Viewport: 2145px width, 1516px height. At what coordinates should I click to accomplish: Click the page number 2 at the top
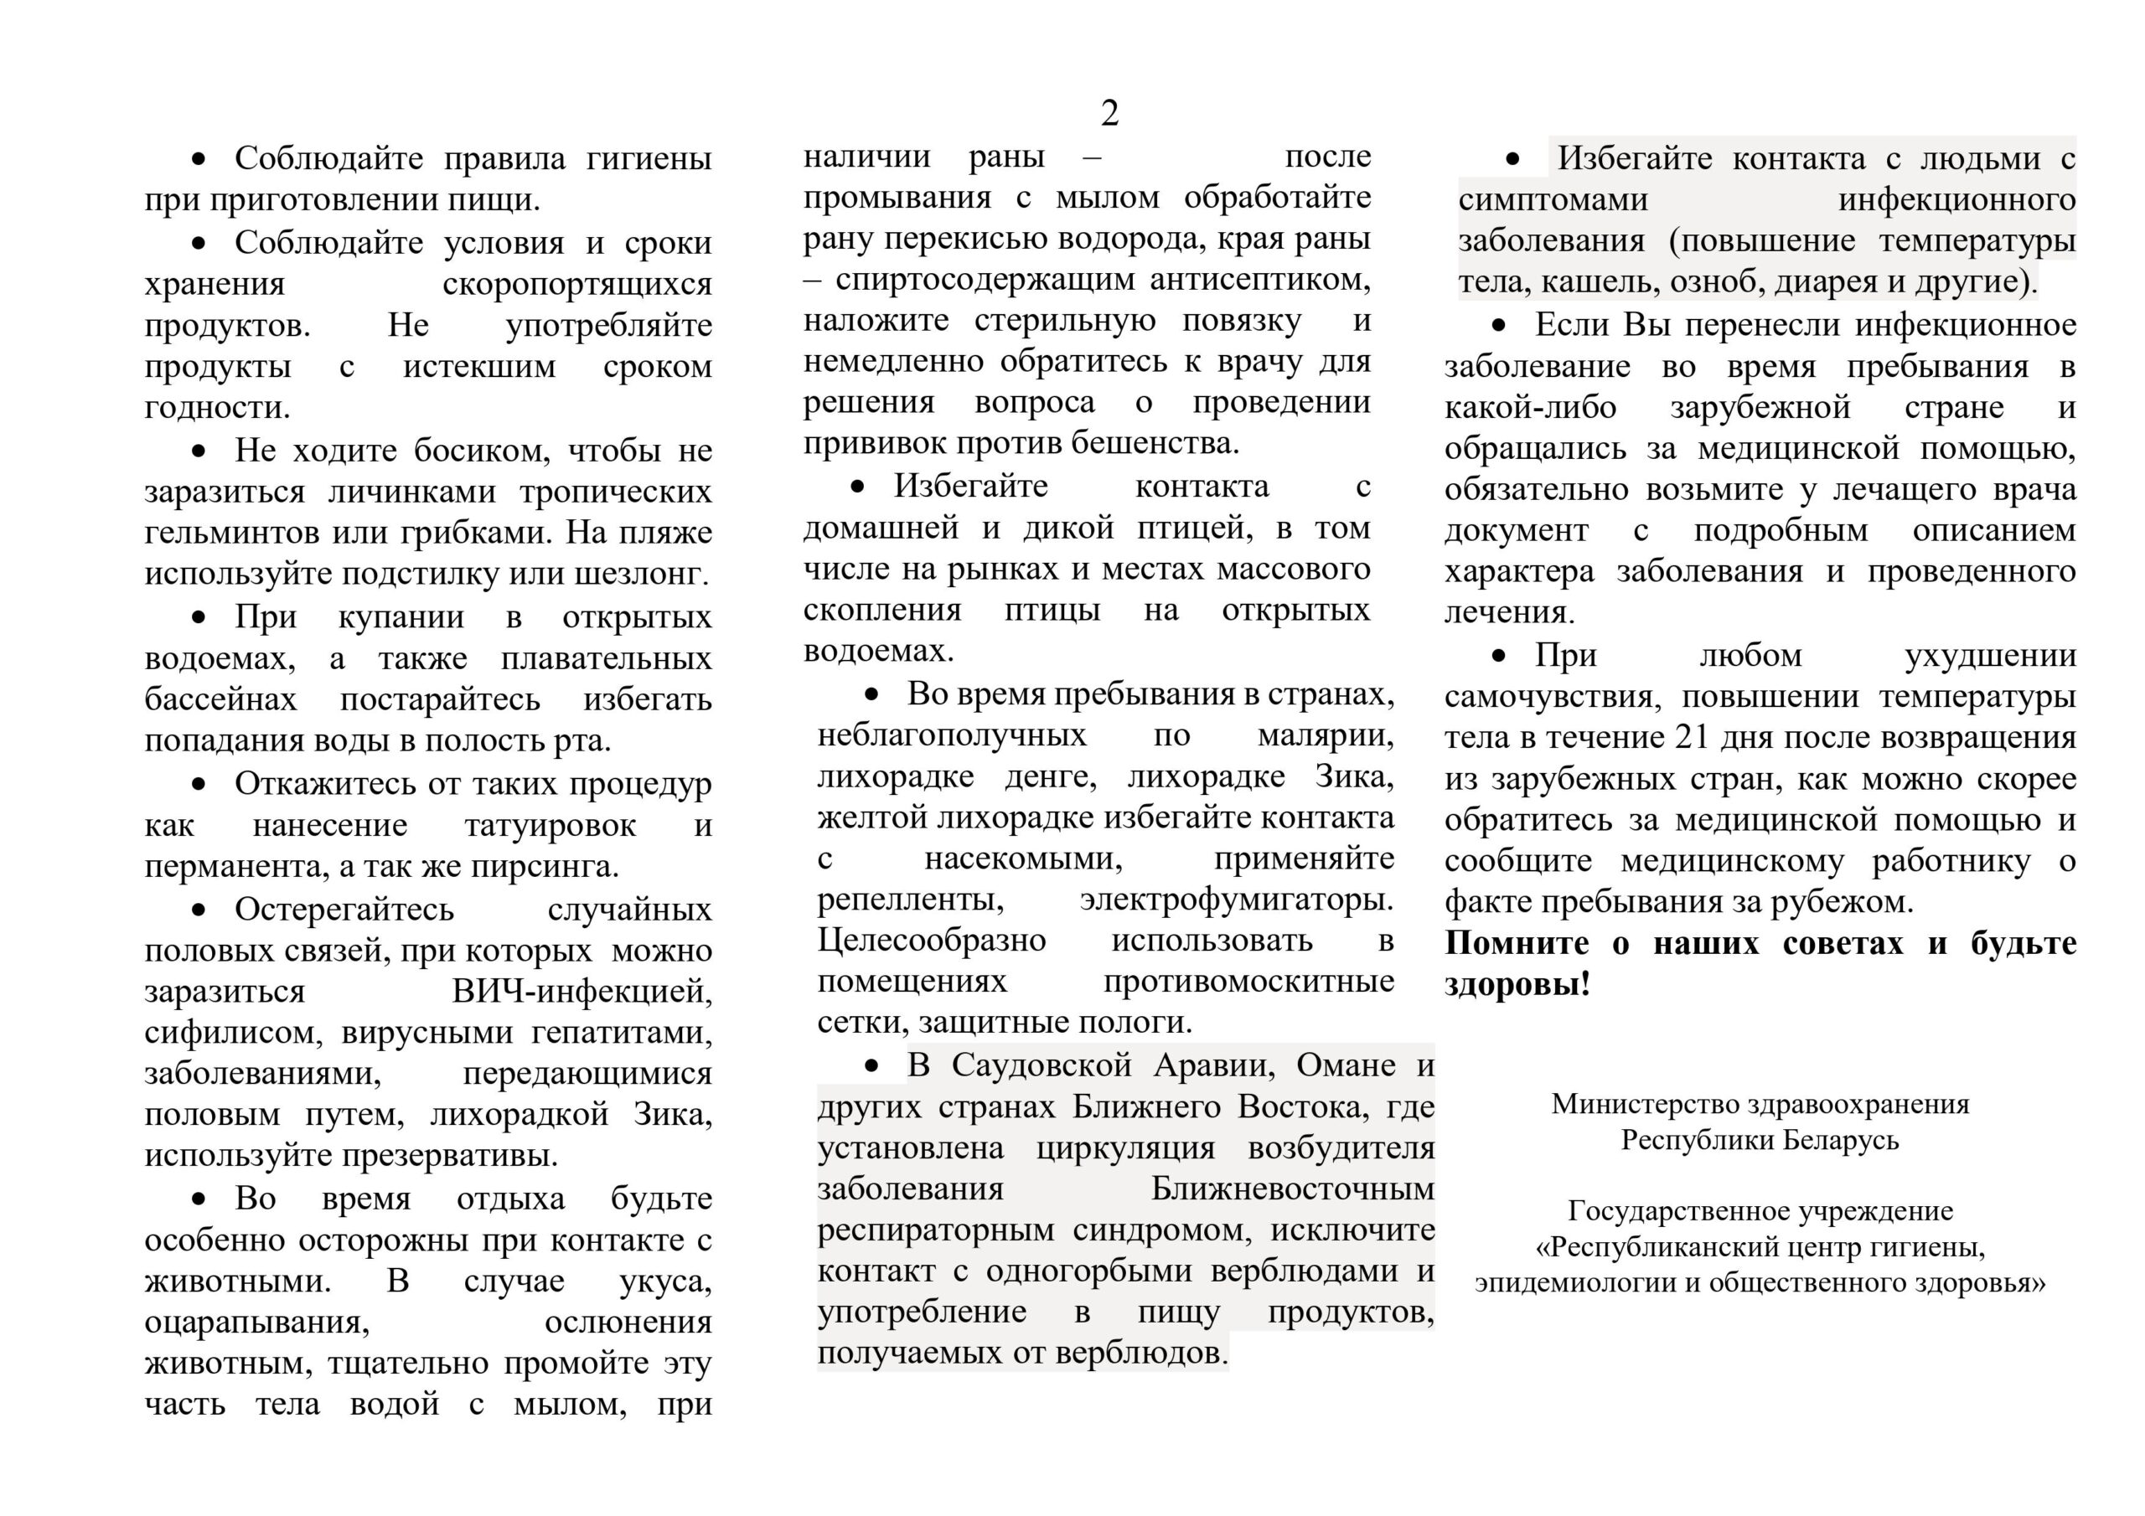point(1109,114)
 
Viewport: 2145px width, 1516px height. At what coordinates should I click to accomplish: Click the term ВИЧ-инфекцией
point(581,991)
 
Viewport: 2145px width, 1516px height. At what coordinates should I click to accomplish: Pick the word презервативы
point(449,1156)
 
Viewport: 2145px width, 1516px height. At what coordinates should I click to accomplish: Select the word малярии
point(1326,735)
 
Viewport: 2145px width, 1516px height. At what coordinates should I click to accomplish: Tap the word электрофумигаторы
point(1236,900)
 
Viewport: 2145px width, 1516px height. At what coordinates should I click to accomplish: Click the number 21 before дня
point(1691,737)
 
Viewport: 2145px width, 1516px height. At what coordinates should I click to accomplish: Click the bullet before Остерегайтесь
point(198,910)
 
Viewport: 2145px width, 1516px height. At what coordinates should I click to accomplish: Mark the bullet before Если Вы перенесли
point(1500,325)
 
